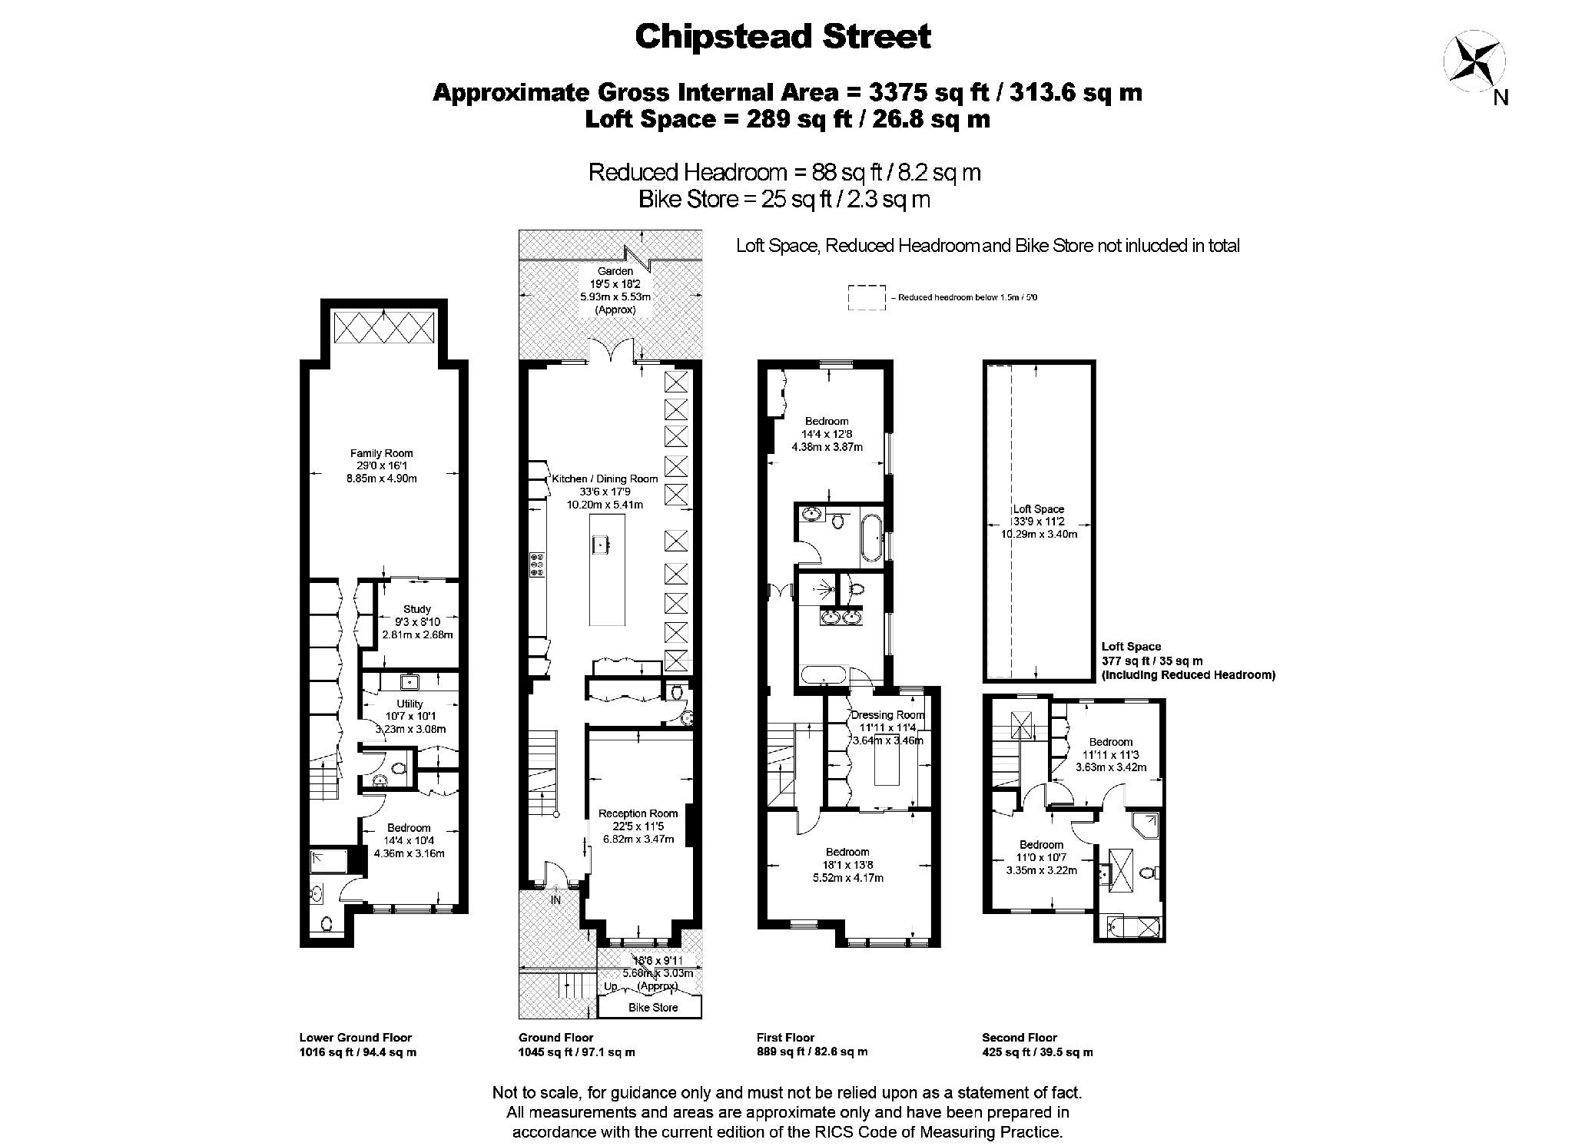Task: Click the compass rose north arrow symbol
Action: click(x=1474, y=61)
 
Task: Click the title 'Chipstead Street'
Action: click(x=783, y=36)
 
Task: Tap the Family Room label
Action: click(x=382, y=453)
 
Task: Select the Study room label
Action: click(x=417, y=609)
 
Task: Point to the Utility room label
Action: click(x=409, y=704)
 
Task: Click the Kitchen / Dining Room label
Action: click(x=605, y=479)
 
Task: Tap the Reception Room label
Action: click(x=638, y=813)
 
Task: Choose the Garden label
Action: click(x=615, y=271)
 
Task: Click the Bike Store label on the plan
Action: click(x=653, y=1007)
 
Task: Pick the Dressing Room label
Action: click(x=888, y=715)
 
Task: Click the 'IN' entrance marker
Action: click(x=555, y=899)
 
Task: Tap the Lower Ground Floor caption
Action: click(x=356, y=1037)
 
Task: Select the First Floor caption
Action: click(x=785, y=1037)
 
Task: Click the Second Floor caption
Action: click(x=1020, y=1037)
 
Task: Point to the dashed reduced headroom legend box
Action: click(x=867, y=298)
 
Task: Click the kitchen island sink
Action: click(x=600, y=545)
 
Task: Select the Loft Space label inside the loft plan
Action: click(x=1039, y=508)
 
